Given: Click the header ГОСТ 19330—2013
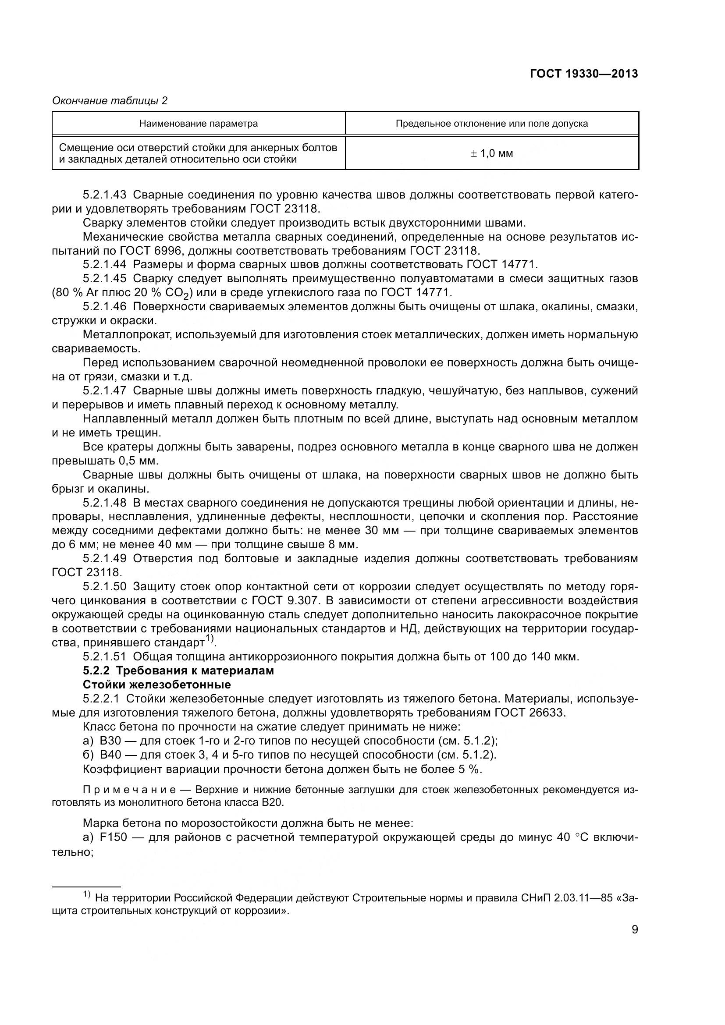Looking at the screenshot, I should [583, 74].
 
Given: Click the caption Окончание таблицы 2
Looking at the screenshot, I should [110, 101].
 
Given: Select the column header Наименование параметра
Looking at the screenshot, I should [198, 124].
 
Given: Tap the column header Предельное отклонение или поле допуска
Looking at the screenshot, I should [491, 124].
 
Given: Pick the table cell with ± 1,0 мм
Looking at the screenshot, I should [491, 153].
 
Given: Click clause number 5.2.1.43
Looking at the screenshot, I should [104, 195].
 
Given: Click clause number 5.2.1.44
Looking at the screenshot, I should [104, 265].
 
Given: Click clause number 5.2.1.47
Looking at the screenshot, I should [104, 390].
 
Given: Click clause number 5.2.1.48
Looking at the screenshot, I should [104, 503].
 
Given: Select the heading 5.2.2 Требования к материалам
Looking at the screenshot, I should [178, 670].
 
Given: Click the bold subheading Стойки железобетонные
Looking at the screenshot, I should [156, 685].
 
